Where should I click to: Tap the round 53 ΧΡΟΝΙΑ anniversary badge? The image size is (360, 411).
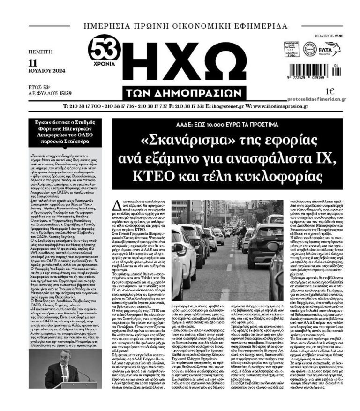(104, 52)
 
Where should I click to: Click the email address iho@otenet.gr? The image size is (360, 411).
(224, 106)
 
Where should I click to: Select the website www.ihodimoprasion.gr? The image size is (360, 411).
(286, 106)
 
